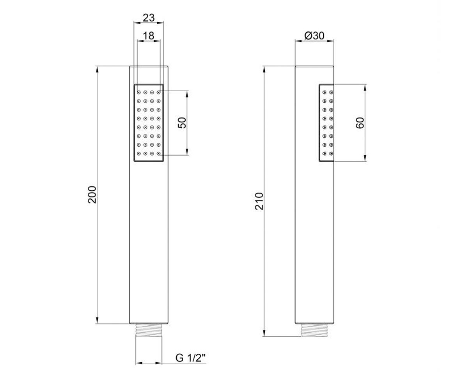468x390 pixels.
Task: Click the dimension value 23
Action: point(149,18)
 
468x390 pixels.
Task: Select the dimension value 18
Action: point(149,35)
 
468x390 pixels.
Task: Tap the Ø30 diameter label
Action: point(314,35)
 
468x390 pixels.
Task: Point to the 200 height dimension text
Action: point(92,195)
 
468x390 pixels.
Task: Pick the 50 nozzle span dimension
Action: point(182,123)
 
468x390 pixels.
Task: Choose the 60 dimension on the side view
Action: point(360,123)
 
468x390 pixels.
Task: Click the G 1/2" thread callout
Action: point(191,358)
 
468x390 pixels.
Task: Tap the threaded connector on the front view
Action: point(149,330)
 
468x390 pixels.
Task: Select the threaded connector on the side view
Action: point(314,330)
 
